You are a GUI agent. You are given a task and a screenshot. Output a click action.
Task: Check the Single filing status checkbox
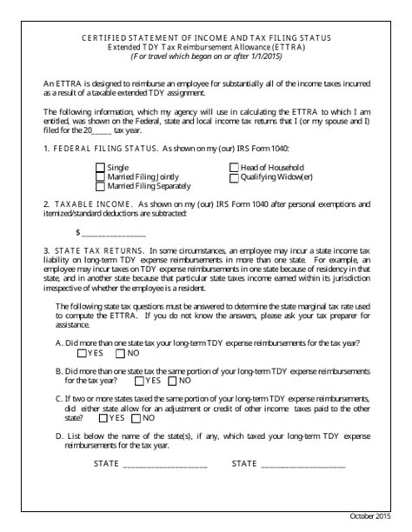(100, 167)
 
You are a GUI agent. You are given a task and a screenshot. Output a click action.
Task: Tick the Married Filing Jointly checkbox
(100, 176)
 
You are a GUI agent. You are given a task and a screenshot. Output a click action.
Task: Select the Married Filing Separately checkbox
(100, 186)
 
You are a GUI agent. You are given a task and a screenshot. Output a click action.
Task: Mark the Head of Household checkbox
(234, 167)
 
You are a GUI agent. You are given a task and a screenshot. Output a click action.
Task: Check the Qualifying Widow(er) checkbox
(234, 176)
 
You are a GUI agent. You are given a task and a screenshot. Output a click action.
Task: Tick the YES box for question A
(82, 354)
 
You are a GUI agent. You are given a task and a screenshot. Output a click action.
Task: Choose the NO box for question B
(175, 380)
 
